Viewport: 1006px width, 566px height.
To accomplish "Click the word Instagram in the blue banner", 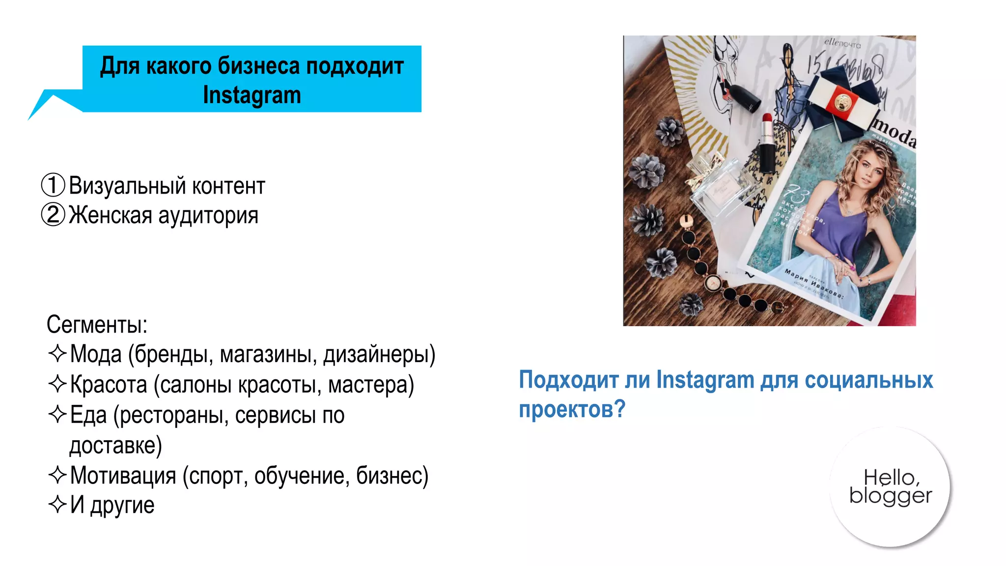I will tap(251, 95).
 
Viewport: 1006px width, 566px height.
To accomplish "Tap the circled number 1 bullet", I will tap(53, 185).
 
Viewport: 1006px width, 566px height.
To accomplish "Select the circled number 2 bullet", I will tap(53, 215).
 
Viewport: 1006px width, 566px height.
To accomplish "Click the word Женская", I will tap(110, 215).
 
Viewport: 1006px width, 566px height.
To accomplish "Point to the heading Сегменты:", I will tap(97, 324).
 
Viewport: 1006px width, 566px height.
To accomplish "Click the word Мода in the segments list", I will tap(96, 354).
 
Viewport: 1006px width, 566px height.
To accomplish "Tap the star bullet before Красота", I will tap(57, 384).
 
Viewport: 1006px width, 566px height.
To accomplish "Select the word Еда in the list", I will tap(88, 415).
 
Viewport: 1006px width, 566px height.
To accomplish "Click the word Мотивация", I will tap(123, 476).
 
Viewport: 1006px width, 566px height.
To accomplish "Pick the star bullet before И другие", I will tap(57, 505).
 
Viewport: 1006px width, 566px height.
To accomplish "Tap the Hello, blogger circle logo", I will tap(890, 487).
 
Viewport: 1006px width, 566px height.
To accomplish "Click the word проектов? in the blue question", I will tap(572, 409).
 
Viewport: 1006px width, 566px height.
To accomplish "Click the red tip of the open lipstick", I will tap(767, 119).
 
